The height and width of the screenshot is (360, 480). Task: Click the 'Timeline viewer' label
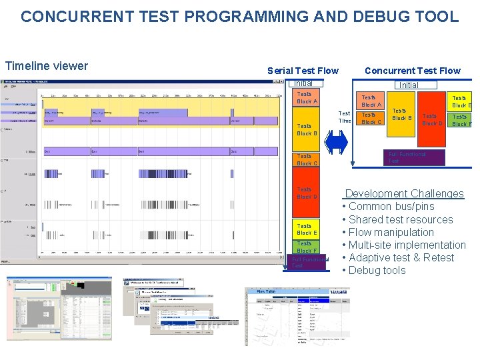[x=47, y=65]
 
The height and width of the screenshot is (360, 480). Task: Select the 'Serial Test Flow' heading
[x=303, y=71]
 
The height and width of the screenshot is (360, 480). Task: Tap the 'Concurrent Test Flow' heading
[x=412, y=71]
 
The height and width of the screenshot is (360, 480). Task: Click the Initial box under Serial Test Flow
[x=303, y=83]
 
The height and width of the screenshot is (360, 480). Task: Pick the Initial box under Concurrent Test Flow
[x=408, y=85]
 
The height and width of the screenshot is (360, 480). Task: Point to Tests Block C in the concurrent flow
[x=371, y=119]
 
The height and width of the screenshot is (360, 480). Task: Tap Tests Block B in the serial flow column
[x=307, y=129]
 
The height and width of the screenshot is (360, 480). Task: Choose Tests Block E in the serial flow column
[x=307, y=229]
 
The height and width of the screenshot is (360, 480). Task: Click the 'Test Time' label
[x=345, y=117]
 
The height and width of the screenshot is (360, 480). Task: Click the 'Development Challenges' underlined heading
[x=404, y=193]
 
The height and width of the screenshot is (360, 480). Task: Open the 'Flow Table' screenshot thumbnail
[x=297, y=317]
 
